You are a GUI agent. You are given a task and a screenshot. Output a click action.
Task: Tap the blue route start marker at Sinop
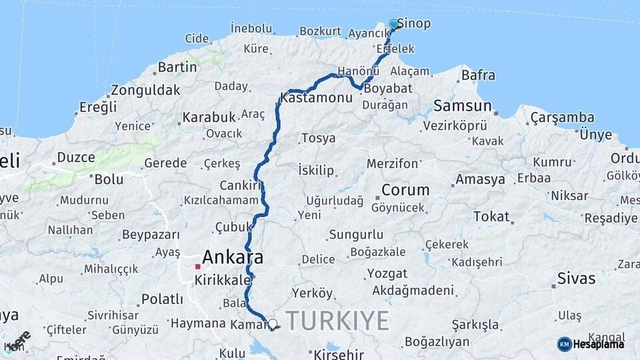click(x=393, y=24)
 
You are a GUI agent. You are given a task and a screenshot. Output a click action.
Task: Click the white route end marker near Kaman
click(x=272, y=325)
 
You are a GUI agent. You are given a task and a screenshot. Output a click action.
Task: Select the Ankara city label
click(x=233, y=257)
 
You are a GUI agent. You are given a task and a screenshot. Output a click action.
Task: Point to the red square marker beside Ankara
click(x=198, y=267)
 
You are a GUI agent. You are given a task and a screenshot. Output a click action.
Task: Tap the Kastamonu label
click(x=317, y=98)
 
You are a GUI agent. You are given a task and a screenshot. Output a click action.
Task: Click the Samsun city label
click(x=463, y=105)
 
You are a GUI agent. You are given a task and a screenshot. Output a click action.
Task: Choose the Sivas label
click(x=576, y=279)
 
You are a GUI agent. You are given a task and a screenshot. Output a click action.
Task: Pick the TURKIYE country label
click(x=337, y=321)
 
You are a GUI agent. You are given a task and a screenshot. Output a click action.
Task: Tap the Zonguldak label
click(x=146, y=90)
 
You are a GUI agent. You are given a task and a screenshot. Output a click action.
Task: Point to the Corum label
click(x=405, y=190)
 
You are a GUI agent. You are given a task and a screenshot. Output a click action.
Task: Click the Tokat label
click(x=491, y=217)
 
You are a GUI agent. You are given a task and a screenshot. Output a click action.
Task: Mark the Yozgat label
click(x=387, y=274)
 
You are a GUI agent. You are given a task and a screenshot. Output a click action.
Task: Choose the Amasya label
click(x=480, y=180)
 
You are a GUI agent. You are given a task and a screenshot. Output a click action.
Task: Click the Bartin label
click(x=177, y=67)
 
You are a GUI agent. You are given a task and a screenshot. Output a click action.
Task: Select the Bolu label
click(x=109, y=179)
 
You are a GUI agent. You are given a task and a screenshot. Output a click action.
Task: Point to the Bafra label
click(x=478, y=75)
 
